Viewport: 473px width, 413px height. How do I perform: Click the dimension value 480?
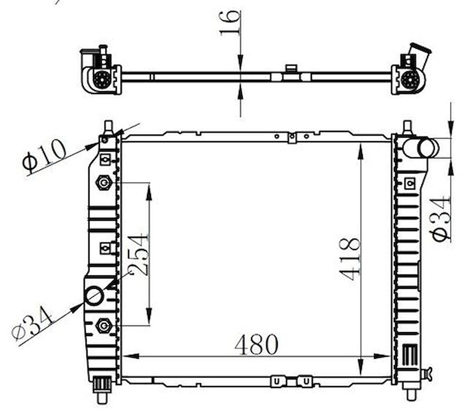pos(256,344)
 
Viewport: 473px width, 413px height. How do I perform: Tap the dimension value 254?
pos(139,255)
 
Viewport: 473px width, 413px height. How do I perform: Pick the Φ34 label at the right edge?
pos(441,219)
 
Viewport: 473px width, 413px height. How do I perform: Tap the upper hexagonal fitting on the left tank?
pos(104,182)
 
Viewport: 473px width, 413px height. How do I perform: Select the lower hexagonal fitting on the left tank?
pos(104,326)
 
